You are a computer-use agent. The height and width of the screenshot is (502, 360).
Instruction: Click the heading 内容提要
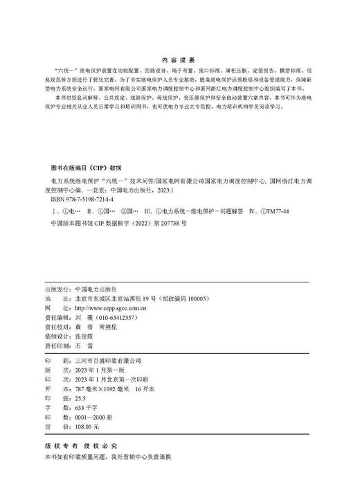[178, 60]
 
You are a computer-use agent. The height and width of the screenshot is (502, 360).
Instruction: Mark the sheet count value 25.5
[81, 400]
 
